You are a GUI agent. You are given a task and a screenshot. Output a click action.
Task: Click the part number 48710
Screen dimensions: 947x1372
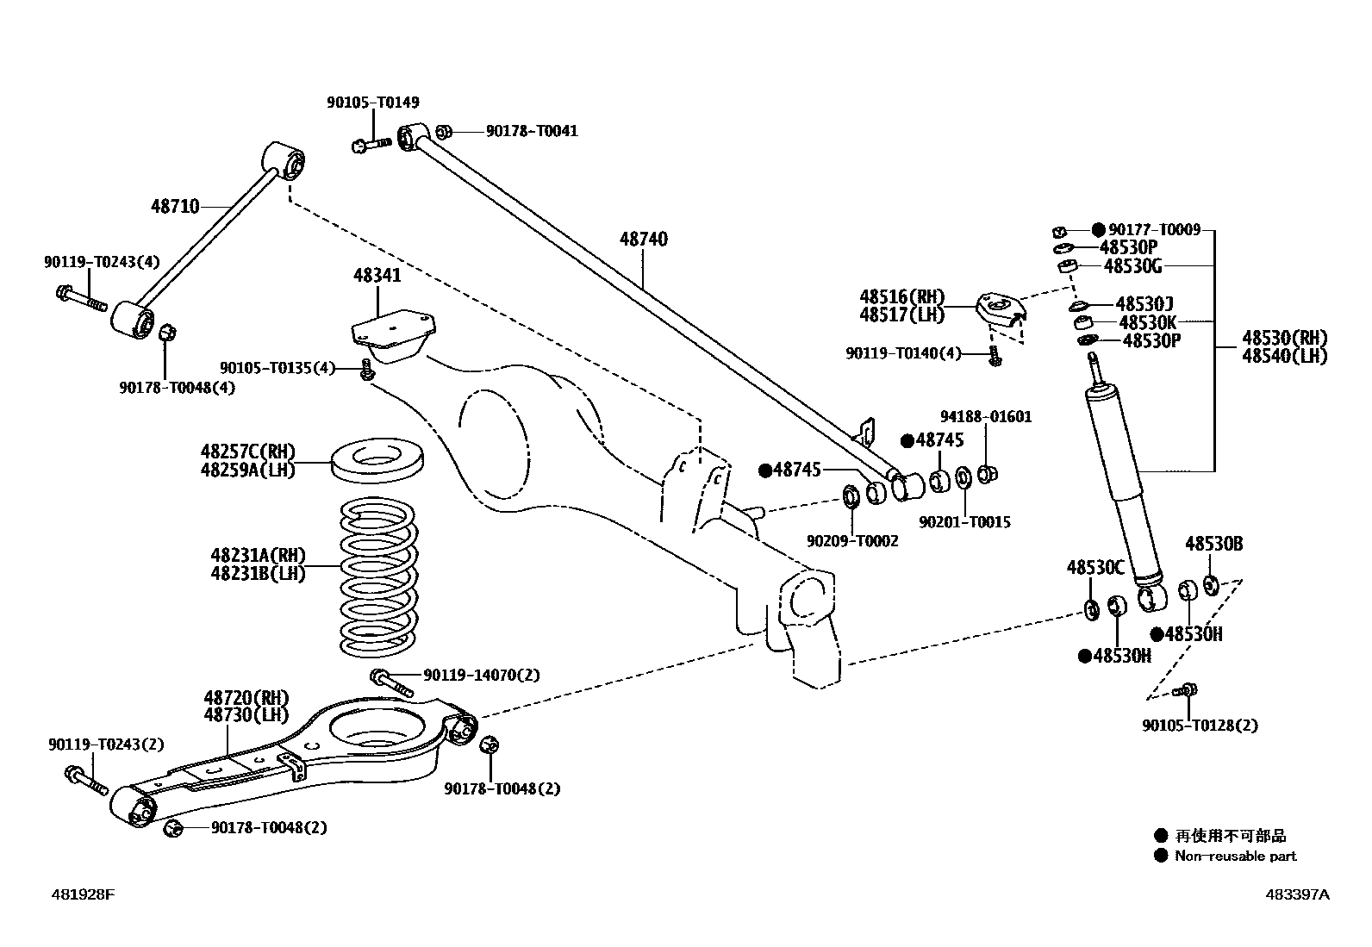click(175, 206)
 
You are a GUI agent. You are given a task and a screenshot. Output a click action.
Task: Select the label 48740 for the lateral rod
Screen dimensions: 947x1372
click(643, 239)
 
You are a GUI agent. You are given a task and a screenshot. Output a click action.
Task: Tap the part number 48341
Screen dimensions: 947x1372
click(377, 276)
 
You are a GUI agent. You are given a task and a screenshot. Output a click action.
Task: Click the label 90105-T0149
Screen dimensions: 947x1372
click(372, 103)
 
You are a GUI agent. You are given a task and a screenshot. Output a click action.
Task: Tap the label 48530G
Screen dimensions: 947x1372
click(1132, 265)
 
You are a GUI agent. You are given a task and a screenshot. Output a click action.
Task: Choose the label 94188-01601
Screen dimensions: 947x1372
click(985, 417)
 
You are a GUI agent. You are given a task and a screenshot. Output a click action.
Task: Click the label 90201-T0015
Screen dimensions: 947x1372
click(964, 522)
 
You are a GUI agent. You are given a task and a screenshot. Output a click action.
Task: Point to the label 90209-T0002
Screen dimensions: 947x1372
click(851, 541)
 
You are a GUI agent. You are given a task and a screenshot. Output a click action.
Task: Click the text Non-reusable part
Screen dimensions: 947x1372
click(1235, 856)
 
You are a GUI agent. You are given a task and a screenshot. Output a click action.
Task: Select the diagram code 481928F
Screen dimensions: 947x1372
click(82, 894)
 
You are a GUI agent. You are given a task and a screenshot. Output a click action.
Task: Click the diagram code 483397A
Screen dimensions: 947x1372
click(1297, 894)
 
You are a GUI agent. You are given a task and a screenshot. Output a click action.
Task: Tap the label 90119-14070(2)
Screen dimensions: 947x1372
click(481, 675)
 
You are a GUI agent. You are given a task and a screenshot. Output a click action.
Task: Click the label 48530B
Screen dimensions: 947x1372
click(1213, 544)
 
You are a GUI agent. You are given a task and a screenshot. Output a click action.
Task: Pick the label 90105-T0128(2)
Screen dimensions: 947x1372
click(1200, 726)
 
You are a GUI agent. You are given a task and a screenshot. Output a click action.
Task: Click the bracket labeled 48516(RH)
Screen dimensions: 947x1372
click(1000, 310)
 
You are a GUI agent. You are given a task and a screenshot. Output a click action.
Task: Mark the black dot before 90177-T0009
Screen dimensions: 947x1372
click(1098, 229)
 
